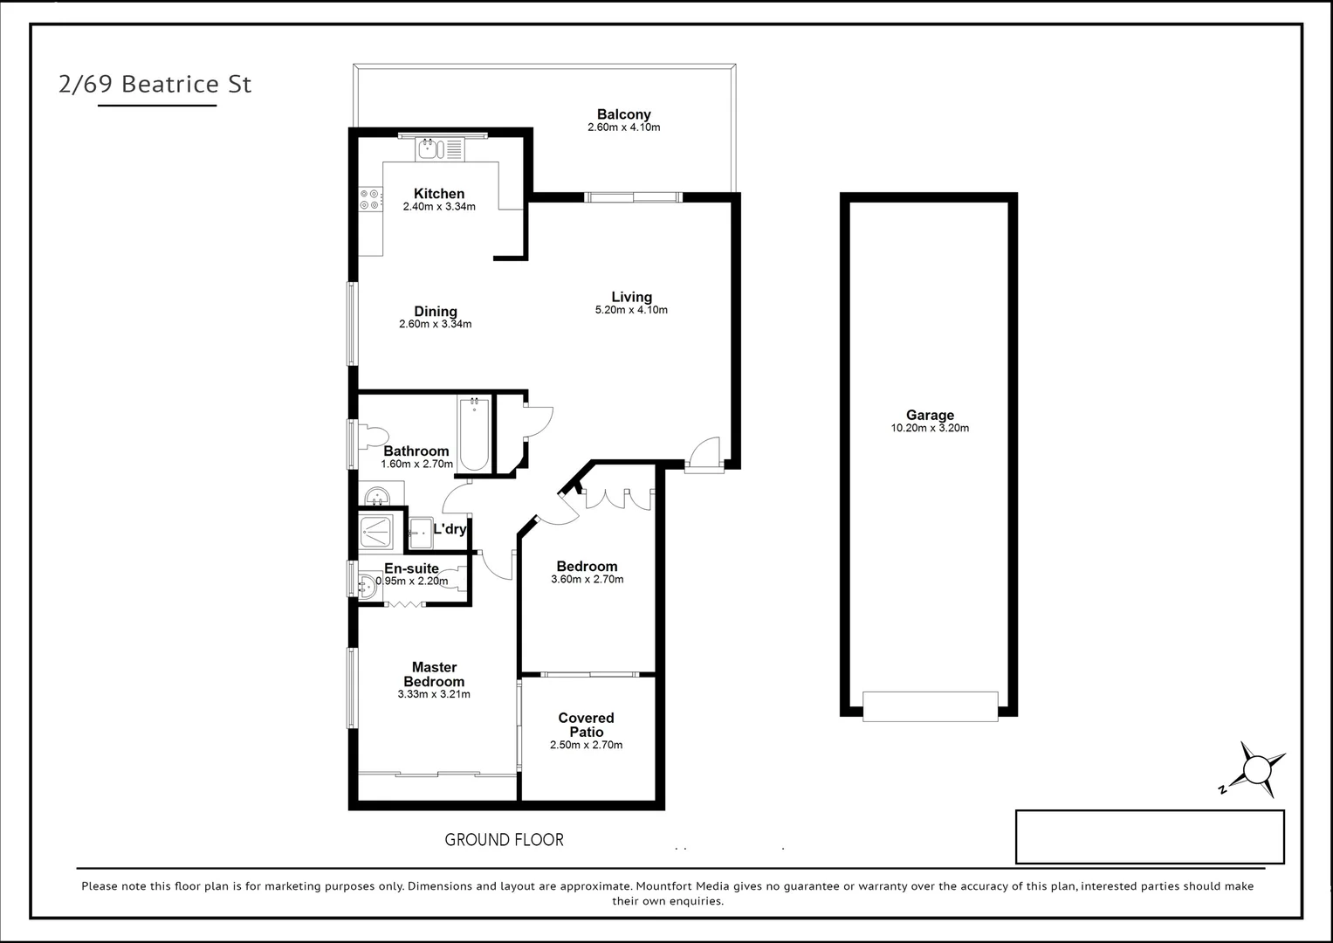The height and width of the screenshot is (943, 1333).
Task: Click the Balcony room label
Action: point(623,114)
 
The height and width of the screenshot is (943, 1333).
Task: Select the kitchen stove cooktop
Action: point(370,200)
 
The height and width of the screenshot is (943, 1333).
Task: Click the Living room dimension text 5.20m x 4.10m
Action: point(631,310)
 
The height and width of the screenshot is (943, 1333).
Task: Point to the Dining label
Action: point(435,312)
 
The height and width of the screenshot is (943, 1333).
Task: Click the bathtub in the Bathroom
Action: point(473,434)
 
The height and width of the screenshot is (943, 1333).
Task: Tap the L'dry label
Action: point(450,529)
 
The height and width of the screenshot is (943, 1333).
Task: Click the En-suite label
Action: point(411,568)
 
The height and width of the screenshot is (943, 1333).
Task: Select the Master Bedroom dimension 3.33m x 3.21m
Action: point(434,695)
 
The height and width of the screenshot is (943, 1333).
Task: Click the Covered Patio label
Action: point(586,725)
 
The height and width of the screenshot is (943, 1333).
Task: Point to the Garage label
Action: point(930,416)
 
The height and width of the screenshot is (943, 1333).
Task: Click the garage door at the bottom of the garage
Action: point(930,706)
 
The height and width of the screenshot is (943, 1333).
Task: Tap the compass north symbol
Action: point(1256,770)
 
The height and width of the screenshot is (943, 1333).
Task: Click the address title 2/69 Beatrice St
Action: point(155,84)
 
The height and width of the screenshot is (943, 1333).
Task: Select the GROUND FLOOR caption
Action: point(504,840)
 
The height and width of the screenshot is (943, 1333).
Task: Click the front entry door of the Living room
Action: point(704,456)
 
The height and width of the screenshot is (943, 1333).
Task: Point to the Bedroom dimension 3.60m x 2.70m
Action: point(587,580)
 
